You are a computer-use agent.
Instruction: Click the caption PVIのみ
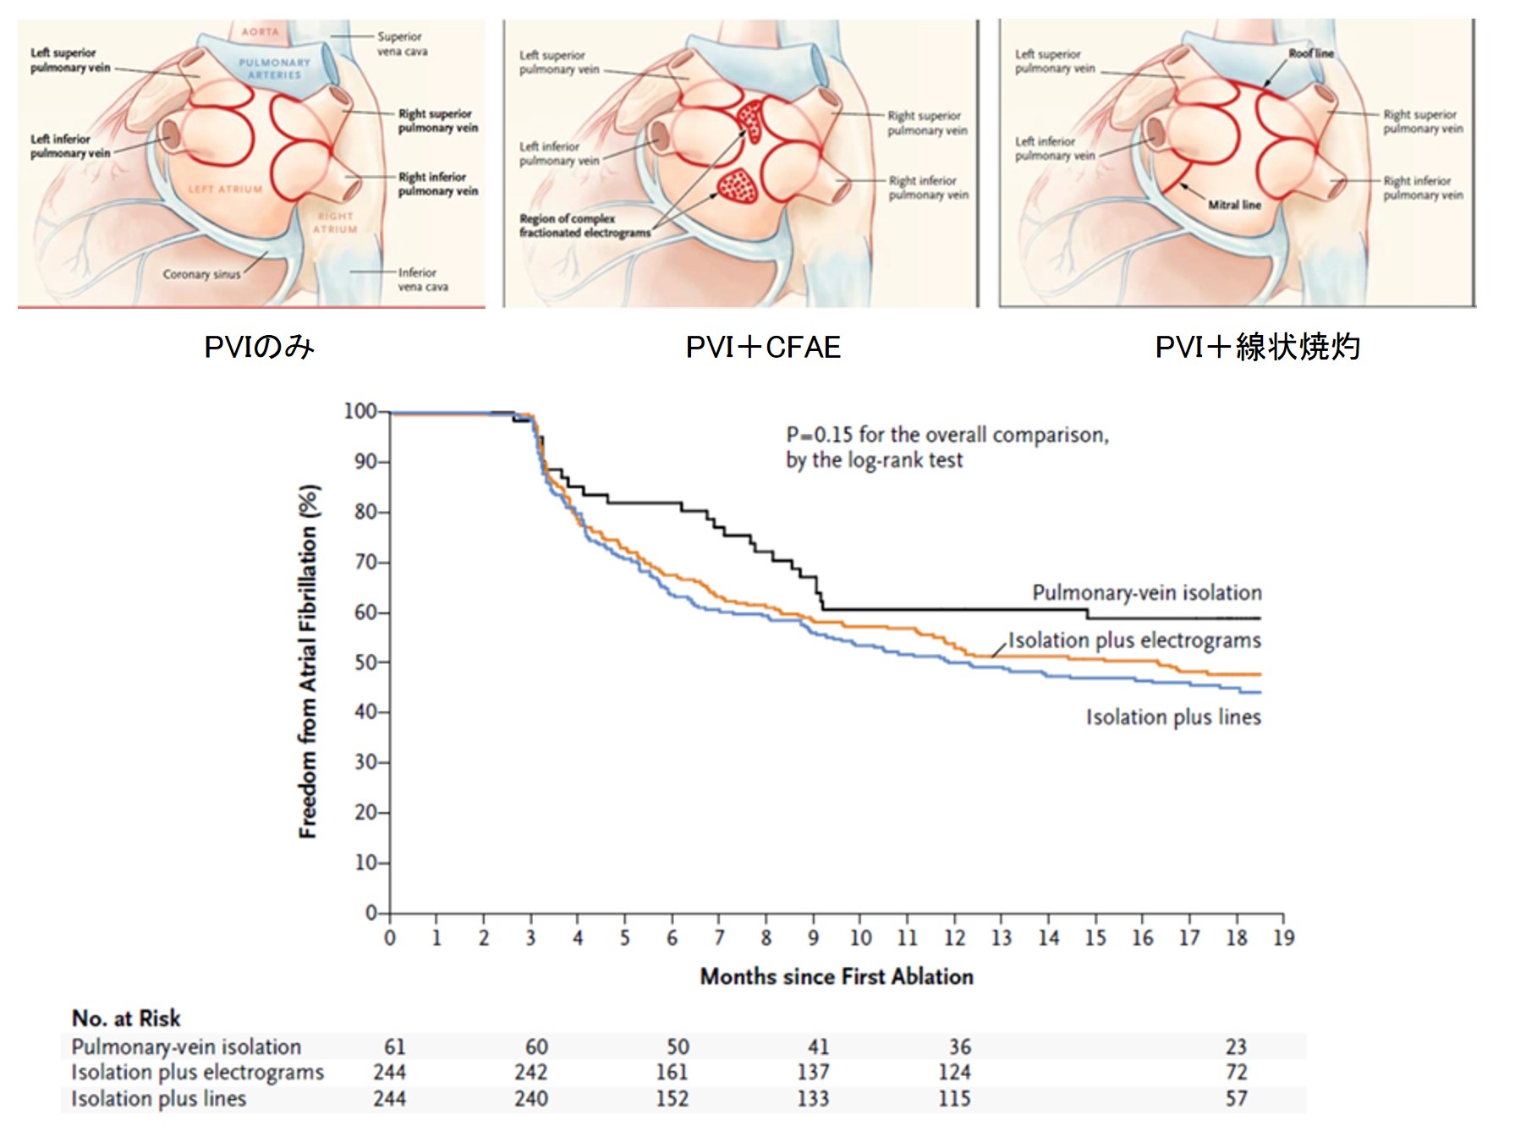[x=259, y=347]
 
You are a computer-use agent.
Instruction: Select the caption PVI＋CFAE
[x=763, y=347]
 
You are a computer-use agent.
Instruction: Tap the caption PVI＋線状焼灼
[x=1257, y=347]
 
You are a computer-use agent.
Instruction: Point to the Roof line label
[x=1310, y=53]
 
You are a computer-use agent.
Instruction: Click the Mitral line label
[x=1234, y=205]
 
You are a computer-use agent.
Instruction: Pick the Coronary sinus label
[x=201, y=274]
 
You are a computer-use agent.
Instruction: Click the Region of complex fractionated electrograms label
[x=585, y=225]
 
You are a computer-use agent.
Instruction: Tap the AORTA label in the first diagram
[x=260, y=32]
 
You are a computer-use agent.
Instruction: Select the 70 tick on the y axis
[x=365, y=563]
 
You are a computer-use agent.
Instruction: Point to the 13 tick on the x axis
[x=1002, y=937]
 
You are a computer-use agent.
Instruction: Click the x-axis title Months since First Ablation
[x=837, y=976]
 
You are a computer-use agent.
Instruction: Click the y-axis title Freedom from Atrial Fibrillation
[x=309, y=662]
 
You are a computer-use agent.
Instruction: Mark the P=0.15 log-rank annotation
[x=947, y=447]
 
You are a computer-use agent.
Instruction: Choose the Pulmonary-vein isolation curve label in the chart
[x=1146, y=592]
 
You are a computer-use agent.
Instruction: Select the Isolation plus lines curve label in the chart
[x=1173, y=717]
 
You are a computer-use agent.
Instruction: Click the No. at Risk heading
[x=126, y=1018]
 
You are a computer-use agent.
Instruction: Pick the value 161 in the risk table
[x=672, y=1072]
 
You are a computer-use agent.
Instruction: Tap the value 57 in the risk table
[x=1236, y=1098]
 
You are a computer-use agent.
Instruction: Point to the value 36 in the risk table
[x=959, y=1046]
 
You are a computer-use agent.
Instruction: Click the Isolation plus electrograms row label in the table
[x=197, y=1072]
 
